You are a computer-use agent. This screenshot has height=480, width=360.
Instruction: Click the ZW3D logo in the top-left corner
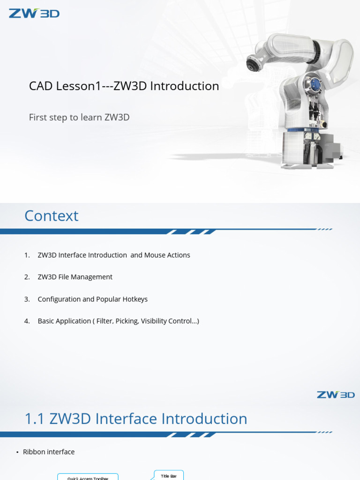pos(34,13)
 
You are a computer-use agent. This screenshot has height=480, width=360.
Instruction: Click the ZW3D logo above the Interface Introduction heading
pos(336,395)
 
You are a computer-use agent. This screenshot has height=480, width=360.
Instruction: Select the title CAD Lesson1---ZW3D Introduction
pos(124,86)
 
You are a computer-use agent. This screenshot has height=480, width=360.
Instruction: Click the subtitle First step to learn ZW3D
pos(79,117)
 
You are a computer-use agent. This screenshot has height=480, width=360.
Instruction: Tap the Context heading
pos(51,216)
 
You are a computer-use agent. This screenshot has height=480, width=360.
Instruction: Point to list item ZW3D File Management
pos(75,277)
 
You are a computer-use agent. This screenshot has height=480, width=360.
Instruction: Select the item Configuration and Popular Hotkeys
pos(92,299)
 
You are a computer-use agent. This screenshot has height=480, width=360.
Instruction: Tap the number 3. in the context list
pos(27,299)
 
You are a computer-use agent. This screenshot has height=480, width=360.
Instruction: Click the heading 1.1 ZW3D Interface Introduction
pos(135,419)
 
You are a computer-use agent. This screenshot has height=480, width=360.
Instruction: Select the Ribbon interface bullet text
pos(49,452)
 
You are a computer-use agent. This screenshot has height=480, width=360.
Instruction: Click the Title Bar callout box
pos(169,476)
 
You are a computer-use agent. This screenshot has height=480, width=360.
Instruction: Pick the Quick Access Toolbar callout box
pos(88,478)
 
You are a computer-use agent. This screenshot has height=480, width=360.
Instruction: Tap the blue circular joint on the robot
pos(315,85)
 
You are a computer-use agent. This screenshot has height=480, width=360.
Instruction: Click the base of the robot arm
pos(309,150)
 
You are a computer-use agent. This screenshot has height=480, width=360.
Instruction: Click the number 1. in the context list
pos(27,255)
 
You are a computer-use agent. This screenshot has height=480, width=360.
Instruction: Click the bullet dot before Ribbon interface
pos(17,452)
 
